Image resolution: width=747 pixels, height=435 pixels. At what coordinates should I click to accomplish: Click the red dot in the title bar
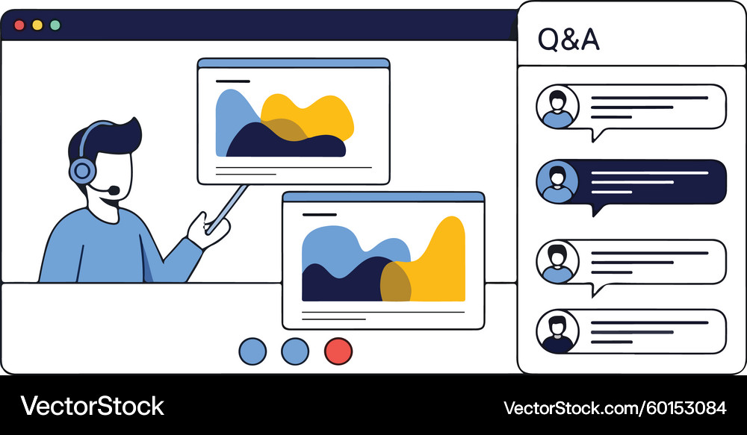19,25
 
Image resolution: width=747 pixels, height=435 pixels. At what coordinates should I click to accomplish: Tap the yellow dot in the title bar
37,25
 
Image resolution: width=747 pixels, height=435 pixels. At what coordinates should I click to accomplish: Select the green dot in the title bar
55,25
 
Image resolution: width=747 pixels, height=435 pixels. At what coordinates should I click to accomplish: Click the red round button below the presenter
338,351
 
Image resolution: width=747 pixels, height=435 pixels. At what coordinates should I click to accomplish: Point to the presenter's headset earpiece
82,171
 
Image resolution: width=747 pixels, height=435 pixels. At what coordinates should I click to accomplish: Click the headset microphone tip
114,190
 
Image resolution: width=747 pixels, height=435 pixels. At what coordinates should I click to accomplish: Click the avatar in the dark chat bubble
557,182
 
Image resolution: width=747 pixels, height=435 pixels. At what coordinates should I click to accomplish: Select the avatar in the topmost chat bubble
557,107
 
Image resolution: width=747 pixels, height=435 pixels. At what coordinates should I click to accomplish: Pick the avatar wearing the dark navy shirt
557,332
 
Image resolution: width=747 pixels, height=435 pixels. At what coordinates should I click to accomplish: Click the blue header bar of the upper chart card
294,63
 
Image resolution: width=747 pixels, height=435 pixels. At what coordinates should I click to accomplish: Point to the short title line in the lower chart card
319,215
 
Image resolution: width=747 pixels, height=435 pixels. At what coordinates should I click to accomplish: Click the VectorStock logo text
92,407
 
